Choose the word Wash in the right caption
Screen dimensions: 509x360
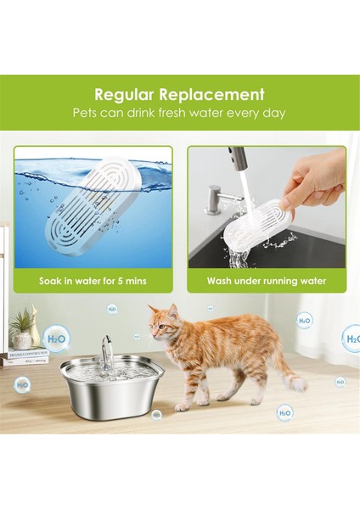click(x=222, y=280)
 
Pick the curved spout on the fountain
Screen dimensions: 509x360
click(x=106, y=347)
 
